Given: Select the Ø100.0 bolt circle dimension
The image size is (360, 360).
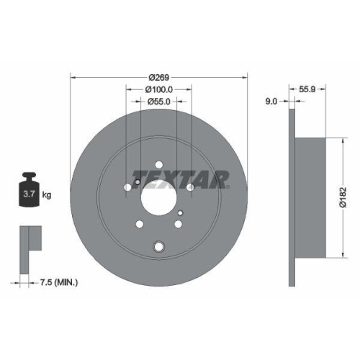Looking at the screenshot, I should pyautogui.click(x=158, y=89).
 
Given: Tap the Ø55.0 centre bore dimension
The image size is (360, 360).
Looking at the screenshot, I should pyautogui.click(x=158, y=102).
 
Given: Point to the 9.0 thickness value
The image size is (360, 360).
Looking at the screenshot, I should pyautogui.click(x=271, y=102).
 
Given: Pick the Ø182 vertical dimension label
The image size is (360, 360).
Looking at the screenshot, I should pyautogui.click(x=345, y=194).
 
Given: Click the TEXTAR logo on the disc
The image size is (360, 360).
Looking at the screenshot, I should pyautogui.click(x=180, y=177).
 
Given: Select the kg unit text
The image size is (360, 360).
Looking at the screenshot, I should pyautogui.click(x=47, y=195).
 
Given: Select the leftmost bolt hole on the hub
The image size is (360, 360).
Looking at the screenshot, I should pyautogui.click(x=128, y=188).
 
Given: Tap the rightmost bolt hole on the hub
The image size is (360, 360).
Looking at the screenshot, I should pyautogui.click(x=189, y=188).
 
